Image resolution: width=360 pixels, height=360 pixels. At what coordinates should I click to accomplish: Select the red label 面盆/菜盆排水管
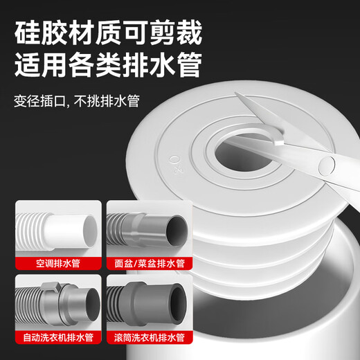coord(145,263)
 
